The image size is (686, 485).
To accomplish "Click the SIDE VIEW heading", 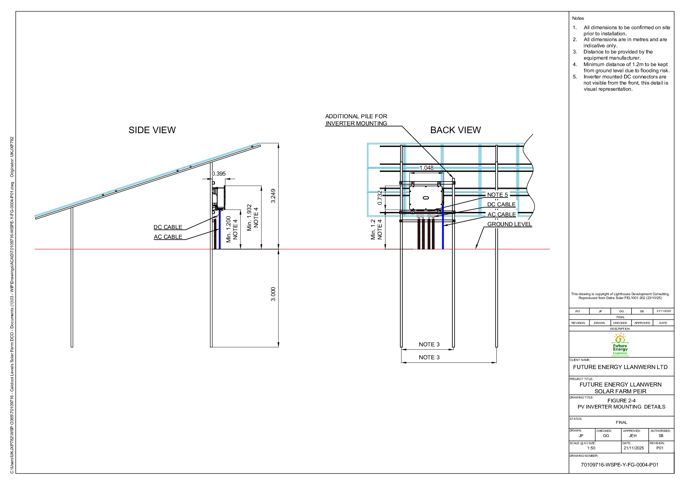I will (152, 130).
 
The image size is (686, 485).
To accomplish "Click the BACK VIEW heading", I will (455, 130).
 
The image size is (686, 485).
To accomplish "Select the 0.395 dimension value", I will (219, 174).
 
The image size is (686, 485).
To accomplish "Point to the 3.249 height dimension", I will (273, 196).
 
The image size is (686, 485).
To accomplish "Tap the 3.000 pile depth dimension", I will (273, 294).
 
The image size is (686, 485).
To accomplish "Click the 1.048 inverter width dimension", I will (426, 168).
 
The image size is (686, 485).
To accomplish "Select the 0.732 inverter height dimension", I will (380, 197).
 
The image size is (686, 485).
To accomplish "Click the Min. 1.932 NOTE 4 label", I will (252, 217).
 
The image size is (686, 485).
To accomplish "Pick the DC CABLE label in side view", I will (168, 227).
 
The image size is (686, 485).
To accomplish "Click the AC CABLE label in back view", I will (501, 214).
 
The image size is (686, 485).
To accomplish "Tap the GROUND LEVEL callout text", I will (509, 224).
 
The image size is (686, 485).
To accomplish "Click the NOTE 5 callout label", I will (497, 195).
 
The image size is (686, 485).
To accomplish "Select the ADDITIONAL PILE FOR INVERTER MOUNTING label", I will (356, 120).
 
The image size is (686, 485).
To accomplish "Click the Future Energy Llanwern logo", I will (620, 344).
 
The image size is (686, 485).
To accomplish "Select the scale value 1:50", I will (591, 448).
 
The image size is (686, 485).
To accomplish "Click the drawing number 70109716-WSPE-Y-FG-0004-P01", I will (619, 465).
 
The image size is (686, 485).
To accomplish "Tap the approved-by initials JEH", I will (633, 436).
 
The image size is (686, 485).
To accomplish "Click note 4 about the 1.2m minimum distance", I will (626, 67).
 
